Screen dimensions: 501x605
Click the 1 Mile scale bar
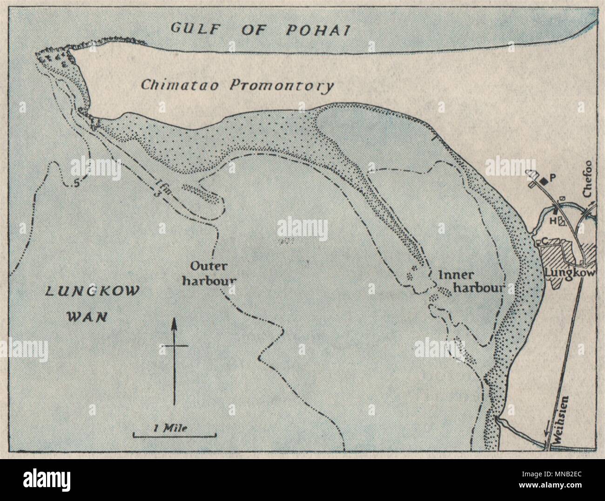pyautogui.click(x=175, y=435)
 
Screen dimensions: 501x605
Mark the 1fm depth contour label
pyautogui.click(x=161, y=190)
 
